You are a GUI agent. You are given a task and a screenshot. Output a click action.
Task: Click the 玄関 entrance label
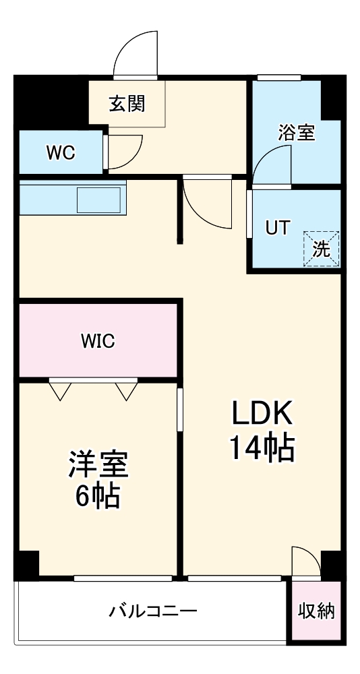[127, 104]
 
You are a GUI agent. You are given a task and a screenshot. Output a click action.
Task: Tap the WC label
[60, 152]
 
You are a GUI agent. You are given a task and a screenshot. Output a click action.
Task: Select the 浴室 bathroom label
[297, 133]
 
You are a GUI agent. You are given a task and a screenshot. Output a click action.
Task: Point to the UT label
[276, 228]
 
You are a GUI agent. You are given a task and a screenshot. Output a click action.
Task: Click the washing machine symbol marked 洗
[322, 249]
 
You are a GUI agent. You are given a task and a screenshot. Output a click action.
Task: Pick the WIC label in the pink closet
[98, 341]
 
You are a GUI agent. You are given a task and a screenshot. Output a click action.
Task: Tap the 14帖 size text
[262, 448]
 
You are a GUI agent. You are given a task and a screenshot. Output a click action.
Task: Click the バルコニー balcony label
[153, 611]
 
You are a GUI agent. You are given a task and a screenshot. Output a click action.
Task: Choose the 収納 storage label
[316, 611]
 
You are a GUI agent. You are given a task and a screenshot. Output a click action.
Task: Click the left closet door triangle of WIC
[60, 390]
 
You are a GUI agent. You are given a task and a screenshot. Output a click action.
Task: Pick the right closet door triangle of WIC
[126, 390]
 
